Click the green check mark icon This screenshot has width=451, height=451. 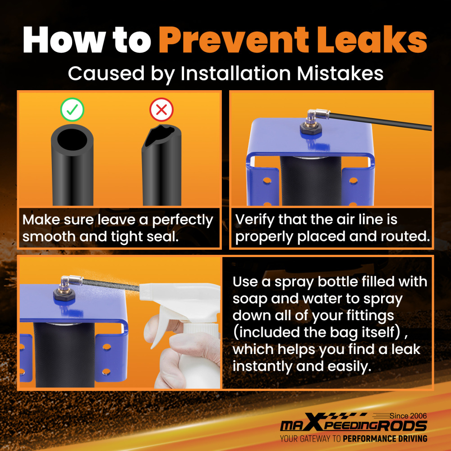pos(72,109)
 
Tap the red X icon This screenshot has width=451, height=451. pos(161,109)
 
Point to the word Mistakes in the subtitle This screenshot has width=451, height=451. pos(340,74)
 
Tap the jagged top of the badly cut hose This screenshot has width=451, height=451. pos(161,134)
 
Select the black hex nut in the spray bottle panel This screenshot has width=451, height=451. pos(64,295)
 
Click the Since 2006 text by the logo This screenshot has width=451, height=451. pos(408,416)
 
